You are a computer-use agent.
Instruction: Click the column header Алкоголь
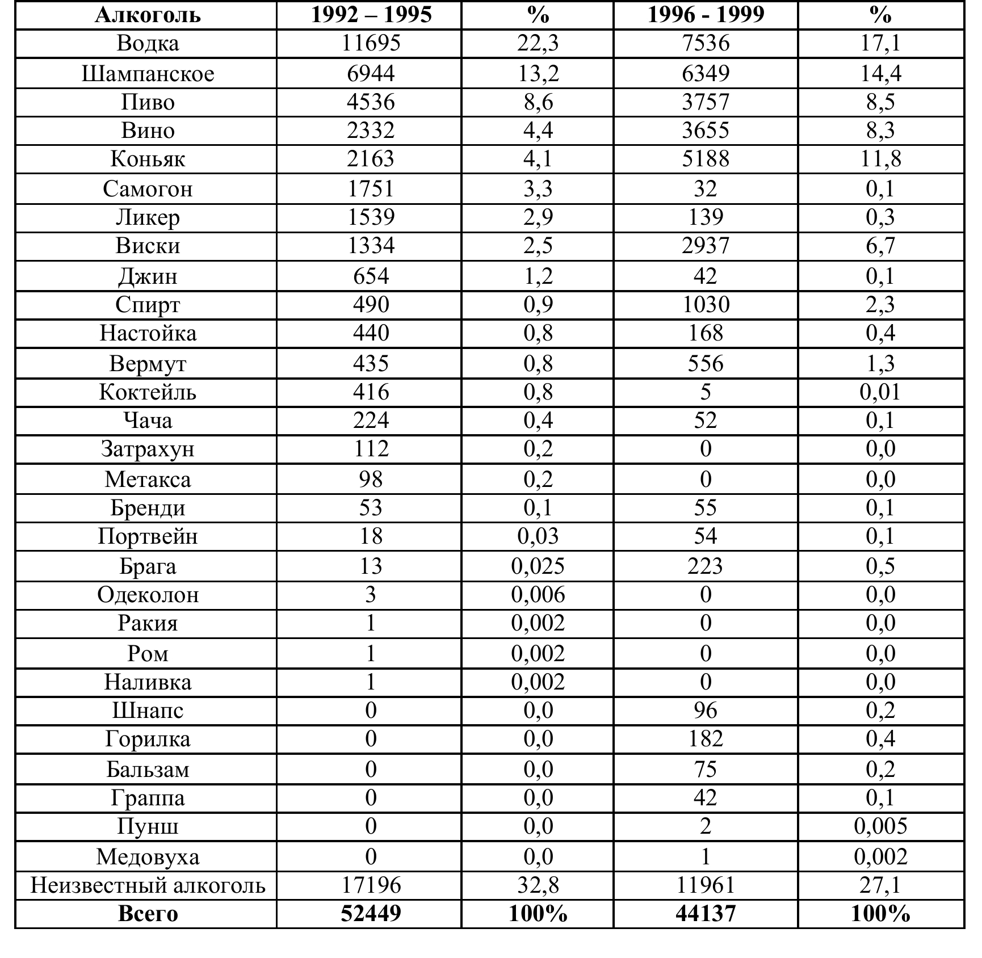(x=148, y=15)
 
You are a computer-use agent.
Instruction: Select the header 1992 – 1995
(x=371, y=15)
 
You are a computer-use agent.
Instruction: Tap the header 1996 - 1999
(x=706, y=15)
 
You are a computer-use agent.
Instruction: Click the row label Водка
(x=148, y=44)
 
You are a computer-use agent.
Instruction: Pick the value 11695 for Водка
(x=371, y=44)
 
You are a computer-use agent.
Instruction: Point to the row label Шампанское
(x=148, y=74)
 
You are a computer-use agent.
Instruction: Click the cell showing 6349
(x=706, y=74)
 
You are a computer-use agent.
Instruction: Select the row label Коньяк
(x=148, y=159)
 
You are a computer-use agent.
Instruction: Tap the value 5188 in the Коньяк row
(x=706, y=159)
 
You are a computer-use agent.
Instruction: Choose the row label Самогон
(x=148, y=189)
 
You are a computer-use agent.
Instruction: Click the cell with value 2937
(x=706, y=246)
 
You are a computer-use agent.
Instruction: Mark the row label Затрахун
(x=148, y=449)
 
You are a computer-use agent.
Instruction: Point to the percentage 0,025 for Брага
(x=538, y=566)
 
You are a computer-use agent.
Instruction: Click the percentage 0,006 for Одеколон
(x=538, y=595)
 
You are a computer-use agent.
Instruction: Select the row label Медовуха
(x=148, y=856)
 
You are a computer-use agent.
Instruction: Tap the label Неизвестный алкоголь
(x=148, y=885)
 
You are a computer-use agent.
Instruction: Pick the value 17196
(x=371, y=885)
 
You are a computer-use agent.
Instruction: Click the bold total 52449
(x=371, y=914)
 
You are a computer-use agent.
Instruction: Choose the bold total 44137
(x=706, y=914)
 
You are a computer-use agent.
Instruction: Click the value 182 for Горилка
(x=706, y=739)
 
